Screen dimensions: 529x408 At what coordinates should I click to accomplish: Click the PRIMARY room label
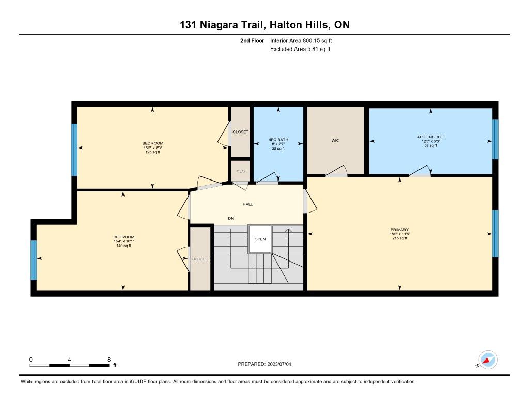(399, 230)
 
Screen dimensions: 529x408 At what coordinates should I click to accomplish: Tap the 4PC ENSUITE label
(430, 137)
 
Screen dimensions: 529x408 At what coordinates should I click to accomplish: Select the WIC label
(335, 140)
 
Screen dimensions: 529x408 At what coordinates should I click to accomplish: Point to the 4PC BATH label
(278, 139)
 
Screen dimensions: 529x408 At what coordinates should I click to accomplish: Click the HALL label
(247, 204)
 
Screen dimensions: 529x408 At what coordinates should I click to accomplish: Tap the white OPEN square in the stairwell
(260, 239)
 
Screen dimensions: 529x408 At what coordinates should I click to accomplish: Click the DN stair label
(231, 218)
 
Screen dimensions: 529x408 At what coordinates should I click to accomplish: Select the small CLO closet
(241, 171)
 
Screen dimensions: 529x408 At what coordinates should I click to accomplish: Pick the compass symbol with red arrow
(488, 360)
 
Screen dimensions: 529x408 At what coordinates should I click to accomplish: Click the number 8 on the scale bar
(109, 360)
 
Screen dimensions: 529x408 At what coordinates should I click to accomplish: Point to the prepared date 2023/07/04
(279, 364)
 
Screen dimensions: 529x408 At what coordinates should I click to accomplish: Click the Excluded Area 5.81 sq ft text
(300, 49)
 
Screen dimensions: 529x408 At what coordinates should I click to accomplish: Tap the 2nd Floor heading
(252, 40)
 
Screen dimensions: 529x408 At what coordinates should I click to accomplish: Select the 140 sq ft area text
(124, 246)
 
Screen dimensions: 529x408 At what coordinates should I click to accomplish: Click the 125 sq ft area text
(152, 152)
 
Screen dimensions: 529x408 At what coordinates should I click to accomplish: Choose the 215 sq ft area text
(399, 238)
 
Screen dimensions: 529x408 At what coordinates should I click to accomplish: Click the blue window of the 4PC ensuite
(495, 139)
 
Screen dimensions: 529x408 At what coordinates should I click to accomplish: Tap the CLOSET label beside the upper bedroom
(241, 132)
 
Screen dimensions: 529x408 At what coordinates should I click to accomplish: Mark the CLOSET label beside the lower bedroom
(200, 259)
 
